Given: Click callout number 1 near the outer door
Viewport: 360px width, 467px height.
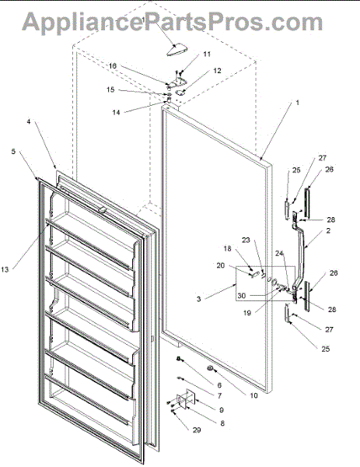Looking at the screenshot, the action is (297, 103).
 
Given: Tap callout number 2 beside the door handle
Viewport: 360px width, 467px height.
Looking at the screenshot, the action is (328, 231).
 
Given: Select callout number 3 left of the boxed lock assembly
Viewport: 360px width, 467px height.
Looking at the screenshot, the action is (199, 299).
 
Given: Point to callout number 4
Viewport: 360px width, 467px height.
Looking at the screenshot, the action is (29, 122).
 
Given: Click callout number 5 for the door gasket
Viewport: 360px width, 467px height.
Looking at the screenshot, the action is (13, 152).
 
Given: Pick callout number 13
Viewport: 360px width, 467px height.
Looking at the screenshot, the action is (5, 269).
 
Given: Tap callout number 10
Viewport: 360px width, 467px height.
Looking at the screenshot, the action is (253, 395).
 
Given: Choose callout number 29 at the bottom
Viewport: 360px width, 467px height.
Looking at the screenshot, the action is (197, 430).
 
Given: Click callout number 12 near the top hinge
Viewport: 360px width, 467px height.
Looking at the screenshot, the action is (217, 71).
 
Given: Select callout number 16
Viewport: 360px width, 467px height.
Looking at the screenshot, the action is (113, 66).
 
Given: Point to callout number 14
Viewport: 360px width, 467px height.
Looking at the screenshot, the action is (116, 112).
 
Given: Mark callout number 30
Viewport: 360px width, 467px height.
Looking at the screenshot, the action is (242, 296).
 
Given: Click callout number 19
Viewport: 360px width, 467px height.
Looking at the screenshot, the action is (247, 313).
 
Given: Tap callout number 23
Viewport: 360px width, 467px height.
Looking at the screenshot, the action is (246, 240).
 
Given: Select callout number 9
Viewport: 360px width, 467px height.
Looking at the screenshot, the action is (221, 410).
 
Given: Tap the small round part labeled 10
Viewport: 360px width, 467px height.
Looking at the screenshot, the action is (210, 368).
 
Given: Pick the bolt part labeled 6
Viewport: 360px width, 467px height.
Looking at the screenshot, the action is (179, 359).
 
